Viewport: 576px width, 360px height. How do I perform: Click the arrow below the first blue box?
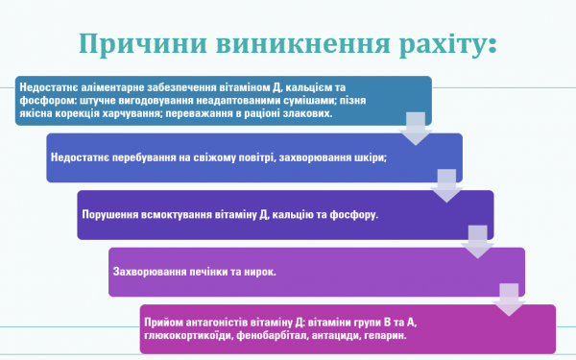point(415,126)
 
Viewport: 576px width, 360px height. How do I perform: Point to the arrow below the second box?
point(446,184)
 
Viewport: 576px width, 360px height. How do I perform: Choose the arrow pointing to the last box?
point(509,298)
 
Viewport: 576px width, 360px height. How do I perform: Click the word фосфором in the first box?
point(40,100)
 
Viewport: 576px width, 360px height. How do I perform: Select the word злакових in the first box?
point(308,112)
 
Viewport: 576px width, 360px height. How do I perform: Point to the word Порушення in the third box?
point(108,215)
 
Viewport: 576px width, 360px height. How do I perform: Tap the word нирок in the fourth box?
point(256,272)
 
